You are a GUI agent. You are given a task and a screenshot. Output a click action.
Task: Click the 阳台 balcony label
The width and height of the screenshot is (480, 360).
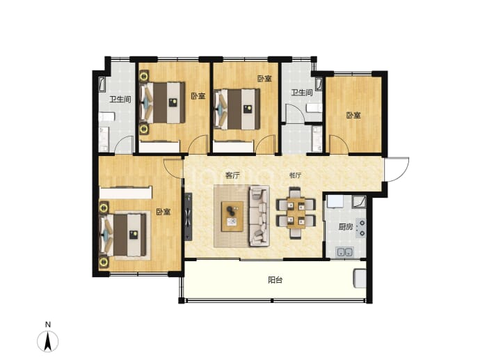point(275,280)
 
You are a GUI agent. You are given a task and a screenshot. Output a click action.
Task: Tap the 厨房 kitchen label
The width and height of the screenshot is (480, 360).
point(346,227)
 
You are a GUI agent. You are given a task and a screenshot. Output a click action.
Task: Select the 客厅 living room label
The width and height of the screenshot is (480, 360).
point(232,175)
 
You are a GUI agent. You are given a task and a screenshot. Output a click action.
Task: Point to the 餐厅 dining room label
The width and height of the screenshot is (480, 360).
point(296,175)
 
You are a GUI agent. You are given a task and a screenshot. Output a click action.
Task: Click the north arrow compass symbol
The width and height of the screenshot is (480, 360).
point(48,341)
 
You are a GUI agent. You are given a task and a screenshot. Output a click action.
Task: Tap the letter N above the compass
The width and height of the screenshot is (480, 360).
point(48,324)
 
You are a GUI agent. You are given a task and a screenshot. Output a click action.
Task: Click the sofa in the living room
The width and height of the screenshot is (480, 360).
point(259,216)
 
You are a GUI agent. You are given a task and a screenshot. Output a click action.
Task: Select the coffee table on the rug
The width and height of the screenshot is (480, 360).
point(232,217)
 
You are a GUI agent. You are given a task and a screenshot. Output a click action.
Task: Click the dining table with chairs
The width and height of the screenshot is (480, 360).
point(296,212)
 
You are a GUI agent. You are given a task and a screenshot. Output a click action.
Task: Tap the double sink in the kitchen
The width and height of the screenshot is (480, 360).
point(345,252)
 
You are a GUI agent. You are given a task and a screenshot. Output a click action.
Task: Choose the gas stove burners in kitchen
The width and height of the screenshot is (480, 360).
point(362,228)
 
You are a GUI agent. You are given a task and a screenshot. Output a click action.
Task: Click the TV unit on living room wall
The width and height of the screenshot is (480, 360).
point(189,217)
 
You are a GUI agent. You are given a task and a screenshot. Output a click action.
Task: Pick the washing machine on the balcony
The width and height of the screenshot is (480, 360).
point(360,279)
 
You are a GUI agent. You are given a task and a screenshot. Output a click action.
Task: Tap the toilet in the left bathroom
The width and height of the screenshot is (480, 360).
point(106,117)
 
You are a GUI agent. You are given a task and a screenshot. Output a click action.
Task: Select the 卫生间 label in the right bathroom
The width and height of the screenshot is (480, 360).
point(302,92)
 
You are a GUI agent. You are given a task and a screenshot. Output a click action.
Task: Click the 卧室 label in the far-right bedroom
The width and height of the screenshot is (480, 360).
point(353,115)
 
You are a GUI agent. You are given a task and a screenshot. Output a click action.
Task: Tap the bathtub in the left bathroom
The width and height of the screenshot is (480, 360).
point(102,85)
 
